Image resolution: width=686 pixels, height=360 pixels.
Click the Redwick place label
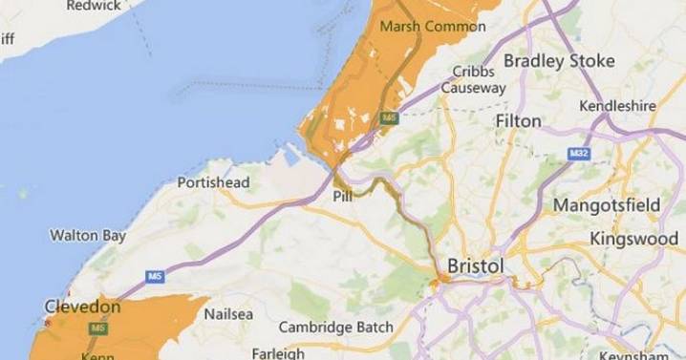[92, 6]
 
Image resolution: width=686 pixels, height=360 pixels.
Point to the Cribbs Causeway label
[473, 79]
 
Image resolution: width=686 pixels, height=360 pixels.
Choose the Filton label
[519, 121]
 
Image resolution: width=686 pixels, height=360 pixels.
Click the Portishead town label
[214, 182]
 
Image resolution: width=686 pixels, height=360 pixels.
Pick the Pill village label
[343, 197]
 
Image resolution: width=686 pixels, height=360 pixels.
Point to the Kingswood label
[633, 238]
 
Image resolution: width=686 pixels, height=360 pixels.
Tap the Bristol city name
[476, 264]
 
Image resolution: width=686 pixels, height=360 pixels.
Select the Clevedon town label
[82, 307]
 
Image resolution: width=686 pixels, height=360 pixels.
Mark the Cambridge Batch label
[335, 328]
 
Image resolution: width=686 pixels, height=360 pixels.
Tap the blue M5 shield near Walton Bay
[154, 276]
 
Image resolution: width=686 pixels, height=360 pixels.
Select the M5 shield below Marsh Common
[389, 117]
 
